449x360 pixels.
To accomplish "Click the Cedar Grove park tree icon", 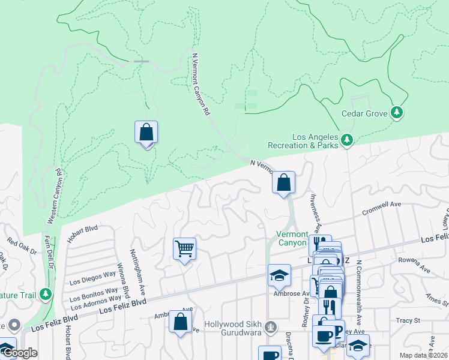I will pyautogui.click(x=396, y=112).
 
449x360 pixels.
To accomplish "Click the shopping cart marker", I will pyautogui.click(x=184, y=248).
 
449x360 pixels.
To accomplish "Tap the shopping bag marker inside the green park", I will pyautogui.click(x=146, y=132).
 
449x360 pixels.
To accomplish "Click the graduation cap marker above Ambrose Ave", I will pyautogui.click(x=279, y=274).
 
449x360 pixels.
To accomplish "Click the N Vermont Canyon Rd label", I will pyautogui.click(x=201, y=84).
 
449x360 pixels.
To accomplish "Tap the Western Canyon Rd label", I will pyautogui.click(x=52, y=196).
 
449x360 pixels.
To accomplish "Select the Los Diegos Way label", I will pyautogui.click(x=92, y=277).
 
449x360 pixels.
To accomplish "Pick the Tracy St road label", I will pyautogui.click(x=409, y=320).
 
